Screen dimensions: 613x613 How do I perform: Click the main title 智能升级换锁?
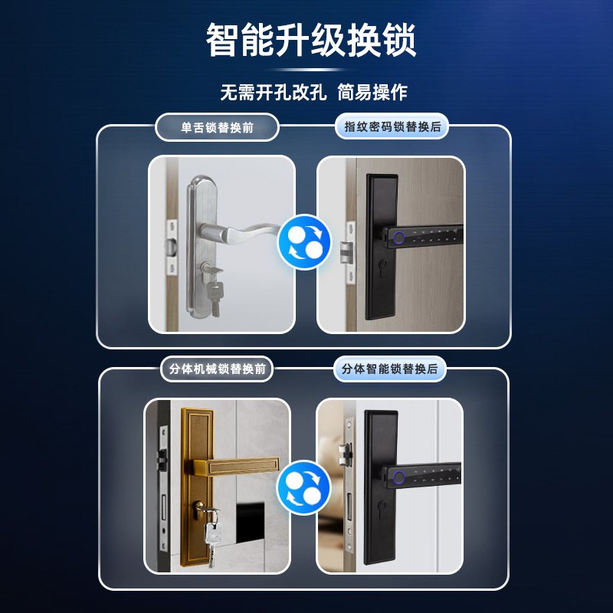point(310,41)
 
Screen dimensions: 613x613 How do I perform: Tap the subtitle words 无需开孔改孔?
point(274,93)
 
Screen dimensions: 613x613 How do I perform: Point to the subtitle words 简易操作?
point(374,93)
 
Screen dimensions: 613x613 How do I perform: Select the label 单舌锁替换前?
point(217,127)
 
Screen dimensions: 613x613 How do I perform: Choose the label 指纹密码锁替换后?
point(392,127)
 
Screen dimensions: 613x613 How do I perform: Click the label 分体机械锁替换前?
point(217,369)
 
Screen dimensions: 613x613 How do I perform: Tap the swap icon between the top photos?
point(304,241)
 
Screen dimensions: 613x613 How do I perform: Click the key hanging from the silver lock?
point(215,295)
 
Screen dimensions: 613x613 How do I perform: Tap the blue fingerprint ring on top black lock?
point(398,237)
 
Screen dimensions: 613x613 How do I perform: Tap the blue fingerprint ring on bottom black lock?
point(398,480)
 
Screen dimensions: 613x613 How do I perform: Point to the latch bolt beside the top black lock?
point(345,248)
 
